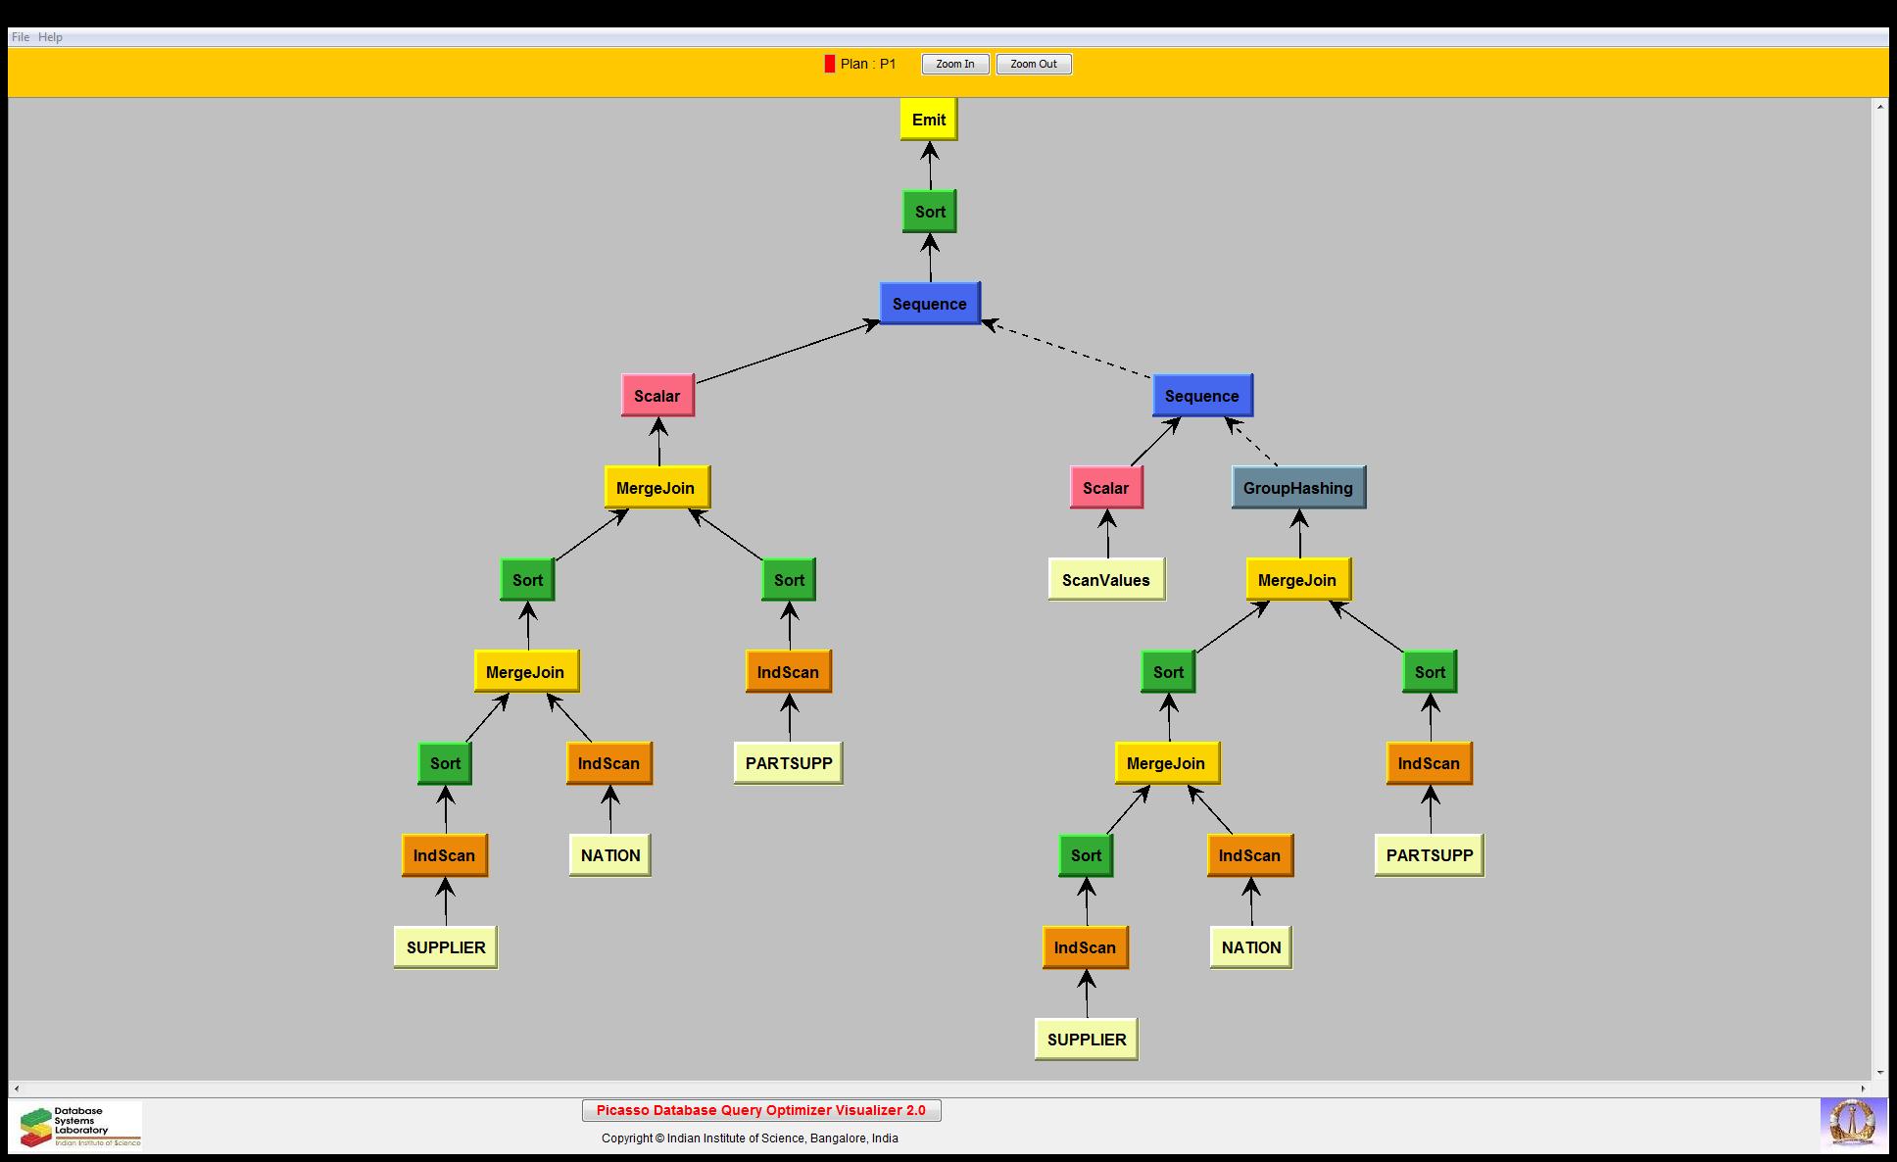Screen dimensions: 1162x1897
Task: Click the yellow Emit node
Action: (x=929, y=120)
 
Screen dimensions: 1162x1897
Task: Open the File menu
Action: (x=20, y=37)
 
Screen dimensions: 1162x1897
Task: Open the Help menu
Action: (x=50, y=37)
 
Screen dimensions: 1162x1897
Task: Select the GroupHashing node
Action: (x=1298, y=488)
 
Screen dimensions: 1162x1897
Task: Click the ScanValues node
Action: (x=1106, y=580)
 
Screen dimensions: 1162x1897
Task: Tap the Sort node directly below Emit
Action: (x=930, y=212)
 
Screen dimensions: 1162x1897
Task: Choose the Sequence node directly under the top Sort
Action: (x=930, y=304)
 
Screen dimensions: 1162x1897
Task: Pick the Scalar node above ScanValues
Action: (x=1106, y=488)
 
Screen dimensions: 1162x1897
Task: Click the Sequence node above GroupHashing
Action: (x=1202, y=396)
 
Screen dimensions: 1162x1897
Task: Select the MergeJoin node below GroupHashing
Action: (x=1297, y=580)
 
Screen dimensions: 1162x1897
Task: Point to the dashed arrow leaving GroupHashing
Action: (x=1252, y=442)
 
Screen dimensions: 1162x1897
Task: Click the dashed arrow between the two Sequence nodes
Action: (x=1068, y=350)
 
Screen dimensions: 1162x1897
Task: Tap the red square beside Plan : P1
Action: (x=830, y=65)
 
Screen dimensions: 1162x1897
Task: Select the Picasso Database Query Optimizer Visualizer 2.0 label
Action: (x=761, y=1110)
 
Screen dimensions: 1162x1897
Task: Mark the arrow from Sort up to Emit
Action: (x=930, y=166)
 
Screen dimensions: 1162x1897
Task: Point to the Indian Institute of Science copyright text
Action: (x=750, y=1138)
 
